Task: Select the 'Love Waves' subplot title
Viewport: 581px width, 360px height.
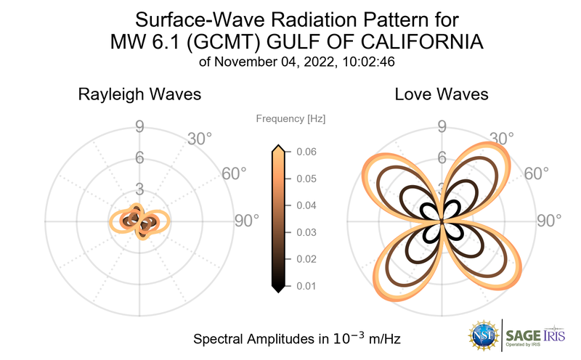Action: point(441,95)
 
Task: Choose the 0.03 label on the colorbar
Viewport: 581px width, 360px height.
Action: point(306,232)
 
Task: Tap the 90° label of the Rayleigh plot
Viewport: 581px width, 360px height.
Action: point(246,221)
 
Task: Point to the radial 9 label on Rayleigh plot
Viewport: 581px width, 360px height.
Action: point(139,128)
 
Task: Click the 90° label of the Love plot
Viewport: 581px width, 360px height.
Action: point(550,221)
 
